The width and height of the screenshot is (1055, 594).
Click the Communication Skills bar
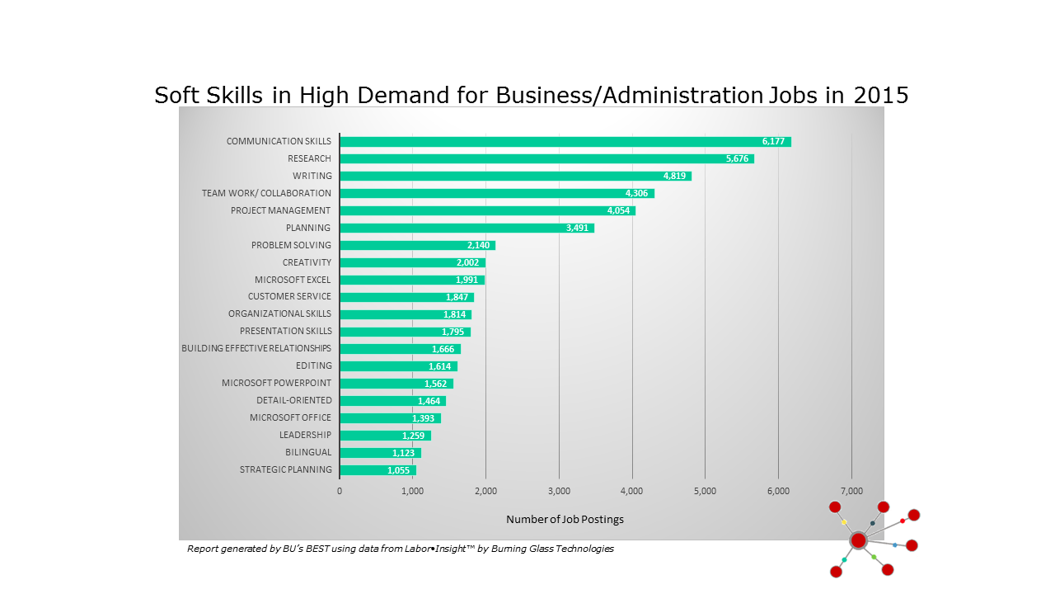tap(565, 142)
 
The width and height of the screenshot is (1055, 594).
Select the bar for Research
tap(546, 158)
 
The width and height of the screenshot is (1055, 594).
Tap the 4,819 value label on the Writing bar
tap(674, 176)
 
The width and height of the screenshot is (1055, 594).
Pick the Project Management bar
tap(487, 210)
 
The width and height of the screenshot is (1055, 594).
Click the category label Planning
tap(308, 228)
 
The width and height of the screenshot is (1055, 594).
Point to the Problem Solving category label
tap(291, 245)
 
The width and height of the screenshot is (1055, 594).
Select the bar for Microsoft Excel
tap(411, 280)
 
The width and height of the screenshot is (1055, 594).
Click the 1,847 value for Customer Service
tap(457, 297)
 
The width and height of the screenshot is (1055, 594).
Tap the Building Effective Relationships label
tap(256, 348)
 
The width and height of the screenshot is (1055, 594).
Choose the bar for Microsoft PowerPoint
tap(396, 384)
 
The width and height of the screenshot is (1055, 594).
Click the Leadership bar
tap(384, 436)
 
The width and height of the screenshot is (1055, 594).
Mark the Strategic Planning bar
tap(377, 470)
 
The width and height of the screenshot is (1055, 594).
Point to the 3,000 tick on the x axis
tap(559, 491)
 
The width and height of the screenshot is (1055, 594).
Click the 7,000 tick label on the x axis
tap(851, 491)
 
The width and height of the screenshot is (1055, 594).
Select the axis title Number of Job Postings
tap(565, 520)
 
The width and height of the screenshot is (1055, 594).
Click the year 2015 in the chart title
tap(880, 96)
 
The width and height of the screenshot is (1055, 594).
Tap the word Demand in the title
tap(400, 96)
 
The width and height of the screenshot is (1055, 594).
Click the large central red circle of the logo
tap(858, 540)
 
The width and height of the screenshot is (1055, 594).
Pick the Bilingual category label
tap(308, 453)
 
